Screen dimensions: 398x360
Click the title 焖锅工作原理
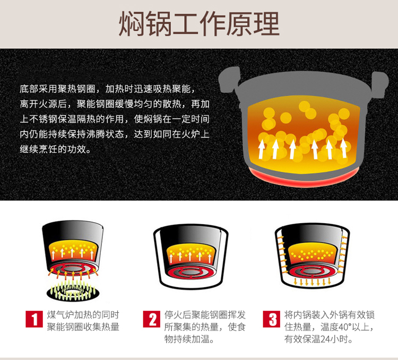click(199, 24)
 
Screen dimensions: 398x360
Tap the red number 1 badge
click(34, 319)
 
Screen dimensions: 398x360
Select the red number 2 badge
click(152, 319)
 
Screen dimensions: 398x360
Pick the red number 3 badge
click(272, 319)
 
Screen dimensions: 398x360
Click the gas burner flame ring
click(73, 291)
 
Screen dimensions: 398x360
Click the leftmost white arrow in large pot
click(261, 150)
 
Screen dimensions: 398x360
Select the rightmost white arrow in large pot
click(344, 148)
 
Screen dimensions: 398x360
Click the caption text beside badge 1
click(83, 321)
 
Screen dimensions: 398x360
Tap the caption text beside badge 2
click(205, 327)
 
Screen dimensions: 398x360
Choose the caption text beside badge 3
click(329, 327)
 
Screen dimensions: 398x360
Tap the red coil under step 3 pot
click(312, 271)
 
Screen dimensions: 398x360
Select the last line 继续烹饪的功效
click(55, 149)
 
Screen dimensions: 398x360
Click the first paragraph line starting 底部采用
click(108, 89)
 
